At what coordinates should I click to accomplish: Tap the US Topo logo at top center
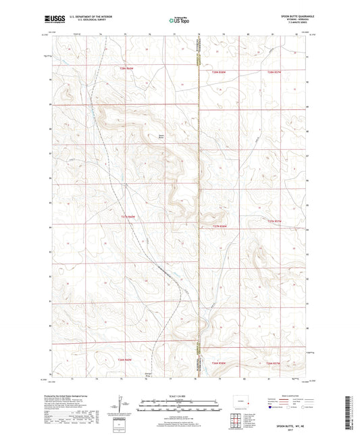pyautogui.click(x=179, y=20)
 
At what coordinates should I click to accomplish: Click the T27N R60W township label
pyautogui.click(x=128, y=216)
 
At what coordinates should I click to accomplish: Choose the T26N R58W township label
pyautogui.click(x=220, y=363)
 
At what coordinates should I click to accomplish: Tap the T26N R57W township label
pyautogui.click(x=272, y=363)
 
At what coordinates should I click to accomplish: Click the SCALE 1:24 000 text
pyautogui.click(x=180, y=396)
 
